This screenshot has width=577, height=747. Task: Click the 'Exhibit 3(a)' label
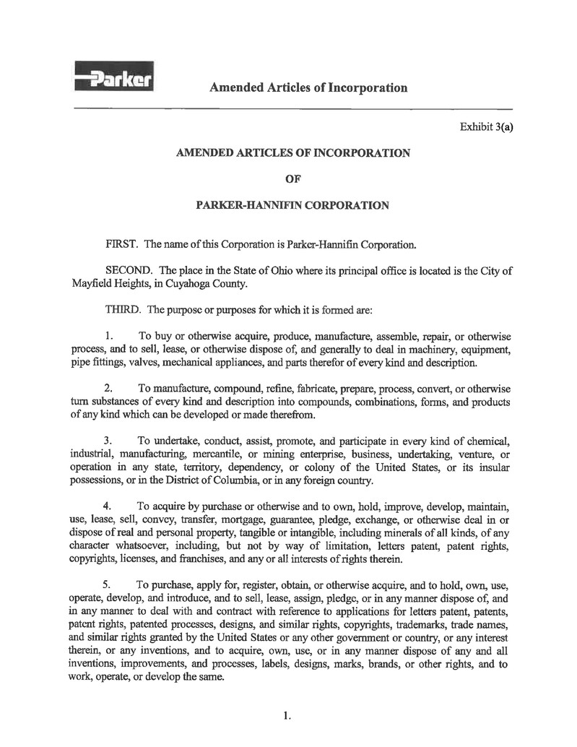486,127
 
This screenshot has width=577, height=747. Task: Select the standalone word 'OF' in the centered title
292,178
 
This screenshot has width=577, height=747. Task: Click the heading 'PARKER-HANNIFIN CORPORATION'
292,205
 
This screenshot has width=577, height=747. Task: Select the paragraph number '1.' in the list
110,336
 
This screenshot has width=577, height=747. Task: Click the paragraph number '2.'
110,389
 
